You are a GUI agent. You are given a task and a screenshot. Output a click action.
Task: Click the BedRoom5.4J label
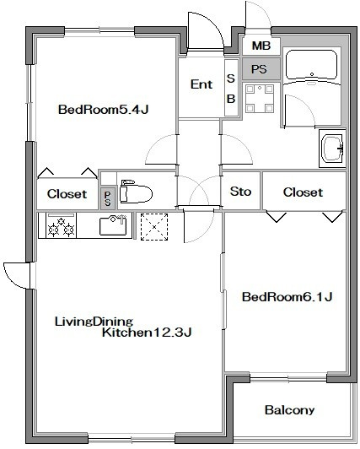(x=103, y=110)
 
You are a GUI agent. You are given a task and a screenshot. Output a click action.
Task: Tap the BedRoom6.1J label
(x=287, y=297)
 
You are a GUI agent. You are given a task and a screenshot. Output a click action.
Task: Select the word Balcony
(x=289, y=410)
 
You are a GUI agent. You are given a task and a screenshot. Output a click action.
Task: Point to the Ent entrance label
(x=201, y=84)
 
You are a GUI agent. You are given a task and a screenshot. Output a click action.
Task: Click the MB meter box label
(x=261, y=46)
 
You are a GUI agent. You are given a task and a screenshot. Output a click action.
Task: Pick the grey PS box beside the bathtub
(x=261, y=68)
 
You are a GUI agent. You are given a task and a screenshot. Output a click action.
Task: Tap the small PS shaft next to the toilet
(x=108, y=198)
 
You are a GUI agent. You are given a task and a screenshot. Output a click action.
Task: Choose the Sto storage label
(x=240, y=192)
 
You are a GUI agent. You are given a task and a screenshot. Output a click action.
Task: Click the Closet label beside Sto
(x=303, y=192)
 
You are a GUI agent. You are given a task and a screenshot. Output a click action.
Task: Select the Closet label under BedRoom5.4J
(x=67, y=194)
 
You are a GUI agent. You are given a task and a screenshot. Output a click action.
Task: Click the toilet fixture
(x=136, y=191)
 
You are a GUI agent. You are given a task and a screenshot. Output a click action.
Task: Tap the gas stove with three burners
(x=62, y=225)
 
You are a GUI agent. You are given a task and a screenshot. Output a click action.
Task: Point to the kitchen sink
(x=113, y=225)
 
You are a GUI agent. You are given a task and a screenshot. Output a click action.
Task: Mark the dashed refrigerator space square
(x=154, y=227)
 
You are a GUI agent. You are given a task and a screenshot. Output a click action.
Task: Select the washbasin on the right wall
(x=332, y=149)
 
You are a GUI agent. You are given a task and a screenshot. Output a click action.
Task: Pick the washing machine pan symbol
(x=260, y=99)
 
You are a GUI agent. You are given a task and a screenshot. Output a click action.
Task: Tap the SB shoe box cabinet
(x=231, y=88)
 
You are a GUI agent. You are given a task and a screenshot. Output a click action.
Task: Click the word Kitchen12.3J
(x=147, y=333)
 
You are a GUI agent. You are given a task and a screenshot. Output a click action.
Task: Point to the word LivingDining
(x=94, y=322)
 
